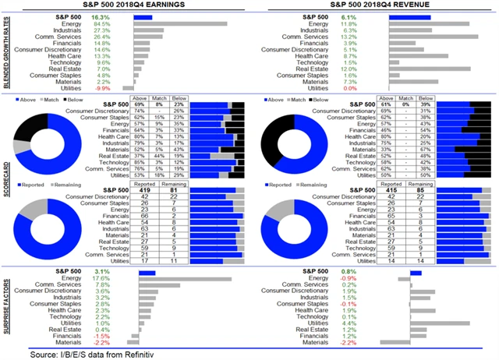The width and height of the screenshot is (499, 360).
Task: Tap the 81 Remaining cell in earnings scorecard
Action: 173,189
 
